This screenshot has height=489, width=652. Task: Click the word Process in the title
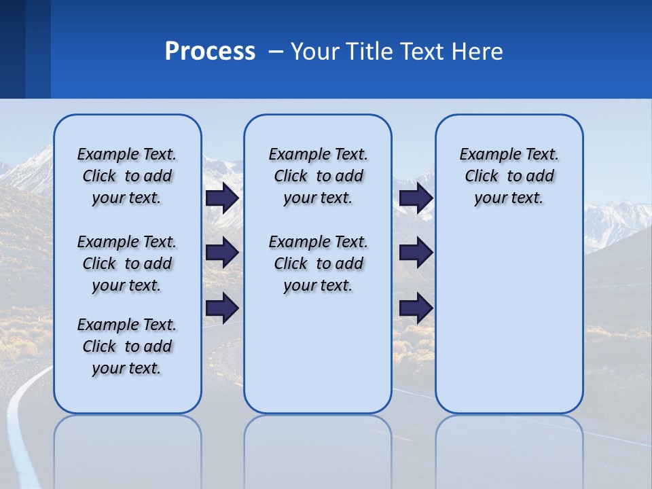coord(210,52)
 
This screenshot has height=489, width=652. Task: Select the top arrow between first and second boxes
coord(222,198)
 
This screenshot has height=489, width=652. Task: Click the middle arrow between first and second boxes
coord(222,253)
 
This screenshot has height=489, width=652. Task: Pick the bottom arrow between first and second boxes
coord(222,308)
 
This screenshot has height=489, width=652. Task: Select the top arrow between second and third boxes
coord(416,198)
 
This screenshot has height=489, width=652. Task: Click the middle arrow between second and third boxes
coord(416,253)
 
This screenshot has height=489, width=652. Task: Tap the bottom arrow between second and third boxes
coord(416,308)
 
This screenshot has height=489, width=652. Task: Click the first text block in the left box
coord(127,176)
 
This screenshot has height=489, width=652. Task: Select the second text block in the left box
coord(127,264)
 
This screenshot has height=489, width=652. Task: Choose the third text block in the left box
coord(127,346)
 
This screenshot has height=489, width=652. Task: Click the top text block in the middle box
coord(318,176)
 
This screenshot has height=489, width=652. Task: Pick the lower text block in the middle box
coord(318,264)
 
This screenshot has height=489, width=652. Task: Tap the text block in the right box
coord(509,176)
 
